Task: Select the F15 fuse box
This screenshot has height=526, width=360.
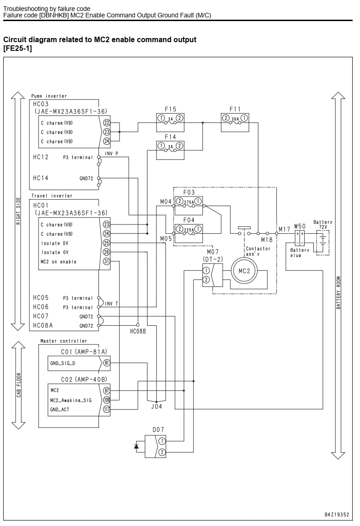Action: click(170, 122)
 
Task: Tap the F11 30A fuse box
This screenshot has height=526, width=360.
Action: click(235, 122)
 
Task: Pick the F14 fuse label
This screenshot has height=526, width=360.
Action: click(170, 137)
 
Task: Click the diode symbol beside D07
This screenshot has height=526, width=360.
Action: click(136, 446)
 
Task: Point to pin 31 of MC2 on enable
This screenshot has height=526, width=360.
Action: click(106, 261)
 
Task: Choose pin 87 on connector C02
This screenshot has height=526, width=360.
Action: click(107, 390)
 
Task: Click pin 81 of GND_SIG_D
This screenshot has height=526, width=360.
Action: click(107, 363)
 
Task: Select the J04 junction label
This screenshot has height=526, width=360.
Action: click(157, 406)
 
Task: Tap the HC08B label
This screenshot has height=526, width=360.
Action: click(138, 331)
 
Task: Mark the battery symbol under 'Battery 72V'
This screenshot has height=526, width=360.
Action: click(323, 242)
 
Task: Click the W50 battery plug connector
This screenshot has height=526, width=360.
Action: click(300, 238)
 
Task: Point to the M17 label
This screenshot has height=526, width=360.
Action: click(284, 229)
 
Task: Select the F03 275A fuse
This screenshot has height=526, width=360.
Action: click(189, 206)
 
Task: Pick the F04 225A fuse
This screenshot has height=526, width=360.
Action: click(189, 233)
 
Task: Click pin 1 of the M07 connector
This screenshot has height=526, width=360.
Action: click(207, 270)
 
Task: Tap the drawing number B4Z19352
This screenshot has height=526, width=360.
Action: click(337, 515)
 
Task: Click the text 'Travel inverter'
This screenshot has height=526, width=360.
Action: click(52, 196)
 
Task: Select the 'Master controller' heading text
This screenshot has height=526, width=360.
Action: click(64, 341)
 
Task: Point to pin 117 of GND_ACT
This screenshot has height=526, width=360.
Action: click(107, 409)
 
